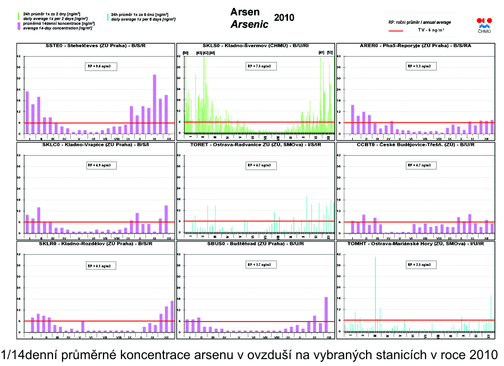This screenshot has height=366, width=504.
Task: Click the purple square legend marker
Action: [x=20, y=24]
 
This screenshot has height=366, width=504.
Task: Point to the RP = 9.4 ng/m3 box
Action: [x=101, y=66]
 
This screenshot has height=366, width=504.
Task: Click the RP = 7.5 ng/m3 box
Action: [x=260, y=66]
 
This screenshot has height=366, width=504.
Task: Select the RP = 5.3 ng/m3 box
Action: [x=419, y=66]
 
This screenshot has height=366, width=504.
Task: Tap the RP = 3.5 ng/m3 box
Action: [x=419, y=264]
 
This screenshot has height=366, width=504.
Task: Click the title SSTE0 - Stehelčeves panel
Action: [x=95, y=46]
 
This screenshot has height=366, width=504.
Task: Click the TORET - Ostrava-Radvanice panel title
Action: [x=255, y=144]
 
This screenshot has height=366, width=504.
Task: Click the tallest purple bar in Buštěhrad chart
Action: [x=326, y=315]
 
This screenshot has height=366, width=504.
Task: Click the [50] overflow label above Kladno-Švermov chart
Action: [x=186, y=53]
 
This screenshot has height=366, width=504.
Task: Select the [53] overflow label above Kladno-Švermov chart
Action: [x=329, y=53]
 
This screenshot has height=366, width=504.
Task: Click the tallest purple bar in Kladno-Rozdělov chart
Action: [x=172, y=316]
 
